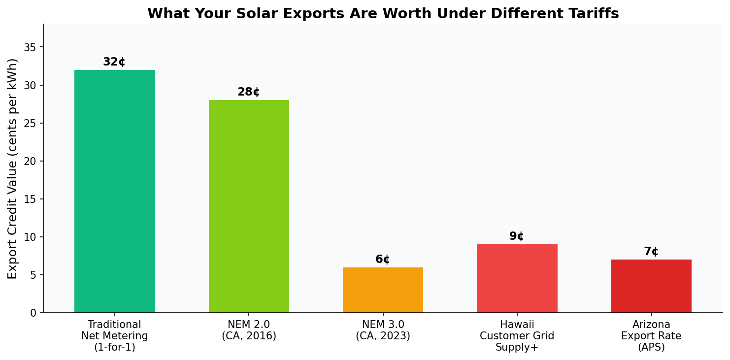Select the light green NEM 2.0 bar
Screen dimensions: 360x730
click(249, 206)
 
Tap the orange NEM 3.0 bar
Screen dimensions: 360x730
click(383, 290)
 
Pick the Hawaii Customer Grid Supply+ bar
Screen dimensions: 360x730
click(517, 279)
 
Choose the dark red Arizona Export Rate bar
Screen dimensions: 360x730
click(651, 286)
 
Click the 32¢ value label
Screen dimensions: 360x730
click(114, 62)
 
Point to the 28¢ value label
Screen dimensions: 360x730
click(249, 92)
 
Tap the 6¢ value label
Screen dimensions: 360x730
click(383, 260)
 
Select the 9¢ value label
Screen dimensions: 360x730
click(517, 236)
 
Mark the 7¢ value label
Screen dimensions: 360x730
click(651, 252)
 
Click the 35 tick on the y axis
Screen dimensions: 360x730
click(31, 47)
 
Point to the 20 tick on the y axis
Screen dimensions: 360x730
click(31, 161)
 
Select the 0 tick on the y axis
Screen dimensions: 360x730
click(33, 313)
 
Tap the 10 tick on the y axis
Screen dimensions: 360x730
click(31, 237)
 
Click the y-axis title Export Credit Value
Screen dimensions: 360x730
click(13, 168)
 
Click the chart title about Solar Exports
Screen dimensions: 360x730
click(383, 14)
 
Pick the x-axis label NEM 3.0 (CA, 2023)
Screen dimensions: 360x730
click(383, 330)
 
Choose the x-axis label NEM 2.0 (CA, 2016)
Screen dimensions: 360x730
click(249, 330)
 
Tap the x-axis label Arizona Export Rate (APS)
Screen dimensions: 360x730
click(651, 336)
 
